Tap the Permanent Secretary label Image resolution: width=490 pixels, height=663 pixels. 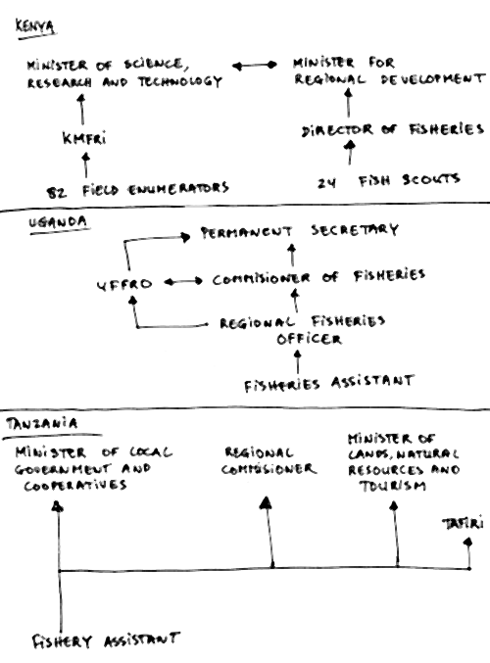(x=299, y=232)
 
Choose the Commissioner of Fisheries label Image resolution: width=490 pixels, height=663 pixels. (x=318, y=278)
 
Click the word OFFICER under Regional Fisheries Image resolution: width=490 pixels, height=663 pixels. (x=309, y=339)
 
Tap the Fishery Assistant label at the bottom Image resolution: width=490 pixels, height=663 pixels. (x=106, y=640)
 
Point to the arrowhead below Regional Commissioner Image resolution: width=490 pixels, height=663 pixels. (x=265, y=504)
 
